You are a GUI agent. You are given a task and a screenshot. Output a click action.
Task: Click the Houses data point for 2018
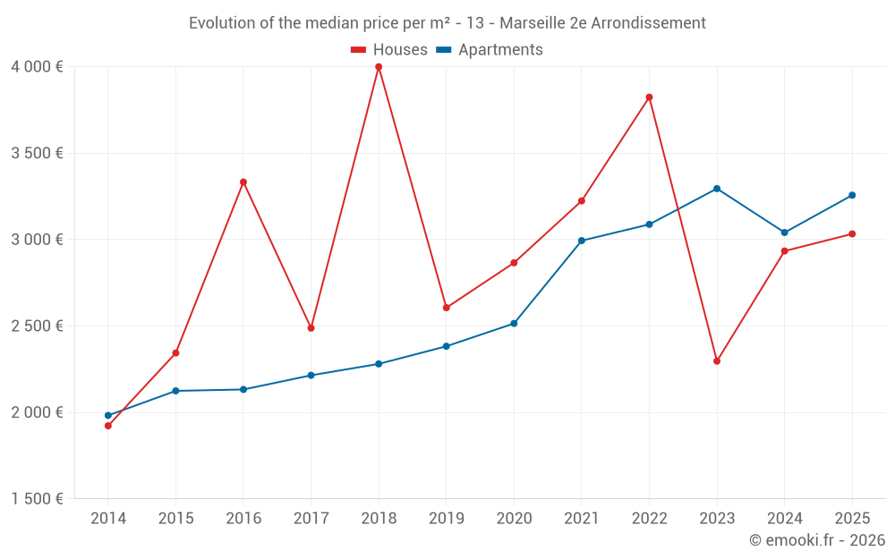tap(379, 67)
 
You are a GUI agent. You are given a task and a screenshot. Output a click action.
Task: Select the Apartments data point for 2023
tap(717, 189)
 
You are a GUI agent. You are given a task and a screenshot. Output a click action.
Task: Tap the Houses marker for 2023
tap(717, 361)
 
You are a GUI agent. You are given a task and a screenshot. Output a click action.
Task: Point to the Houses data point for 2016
tap(243, 182)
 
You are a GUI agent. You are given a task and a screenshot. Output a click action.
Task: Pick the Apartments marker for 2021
tap(582, 241)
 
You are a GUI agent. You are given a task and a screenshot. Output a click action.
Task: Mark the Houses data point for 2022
tap(649, 97)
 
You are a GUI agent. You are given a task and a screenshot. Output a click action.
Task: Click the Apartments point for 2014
tap(108, 415)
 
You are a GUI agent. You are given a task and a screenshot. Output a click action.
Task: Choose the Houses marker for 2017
tap(311, 328)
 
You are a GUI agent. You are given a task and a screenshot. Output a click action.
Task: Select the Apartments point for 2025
tap(852, 195)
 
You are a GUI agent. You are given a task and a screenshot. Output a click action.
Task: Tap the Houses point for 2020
tap(514, 263)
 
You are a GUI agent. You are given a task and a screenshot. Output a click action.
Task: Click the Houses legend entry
tap(389, 50)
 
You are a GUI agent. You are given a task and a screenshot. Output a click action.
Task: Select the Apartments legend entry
tap(490, 50)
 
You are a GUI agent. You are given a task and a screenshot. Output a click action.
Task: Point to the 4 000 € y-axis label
tap(37, 67)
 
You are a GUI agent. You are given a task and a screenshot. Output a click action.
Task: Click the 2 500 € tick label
tap(37, 326)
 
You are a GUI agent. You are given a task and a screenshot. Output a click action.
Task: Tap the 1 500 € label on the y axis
tap(37, 499)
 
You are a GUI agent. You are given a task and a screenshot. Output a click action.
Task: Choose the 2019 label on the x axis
tap(446, 519)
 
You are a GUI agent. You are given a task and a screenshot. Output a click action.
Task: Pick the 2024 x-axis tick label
tap(784, 519)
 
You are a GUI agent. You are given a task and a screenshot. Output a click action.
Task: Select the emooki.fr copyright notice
tap(817, 540)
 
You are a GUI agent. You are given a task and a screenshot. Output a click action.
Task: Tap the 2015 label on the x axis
tap(175, 519)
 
